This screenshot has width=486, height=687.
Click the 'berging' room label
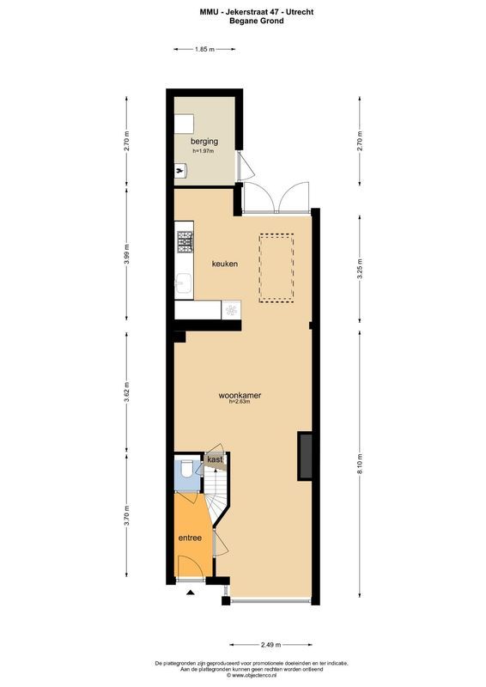point(204,141)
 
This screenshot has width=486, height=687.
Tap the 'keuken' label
point(224,264)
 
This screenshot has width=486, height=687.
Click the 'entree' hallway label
point(190,538)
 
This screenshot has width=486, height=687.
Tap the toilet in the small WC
point(186,469)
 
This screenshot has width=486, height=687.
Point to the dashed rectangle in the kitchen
point(276,269)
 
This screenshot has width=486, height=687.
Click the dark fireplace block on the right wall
point(304,456)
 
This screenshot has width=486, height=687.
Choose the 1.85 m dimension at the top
point(204,50)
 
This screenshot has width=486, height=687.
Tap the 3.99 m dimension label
point(126,257)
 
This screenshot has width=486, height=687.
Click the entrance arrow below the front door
point(190,592)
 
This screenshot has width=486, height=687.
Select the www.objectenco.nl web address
point(252,676)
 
